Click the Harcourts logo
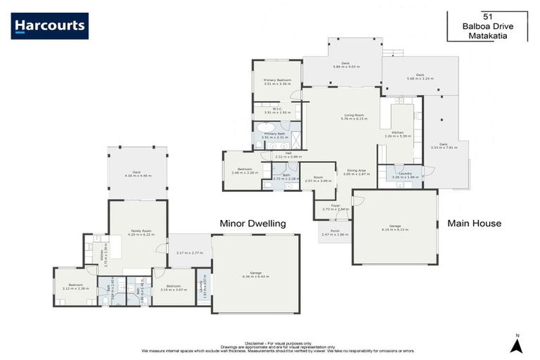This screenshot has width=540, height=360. point(50,26)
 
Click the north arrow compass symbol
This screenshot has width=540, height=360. point(517,345)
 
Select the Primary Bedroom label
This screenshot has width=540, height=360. point(278,81)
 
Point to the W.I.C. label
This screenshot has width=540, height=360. point(278,109)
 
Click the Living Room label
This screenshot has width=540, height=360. point(354,116)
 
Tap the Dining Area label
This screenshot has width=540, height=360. point(358,170)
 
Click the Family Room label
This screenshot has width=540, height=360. point(139,231)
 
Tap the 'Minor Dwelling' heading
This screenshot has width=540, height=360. point(252,224)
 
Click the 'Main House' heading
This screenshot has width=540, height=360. point(474,224)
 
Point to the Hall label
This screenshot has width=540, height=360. point(288,153)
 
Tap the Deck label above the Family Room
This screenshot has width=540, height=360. point(136,172)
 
